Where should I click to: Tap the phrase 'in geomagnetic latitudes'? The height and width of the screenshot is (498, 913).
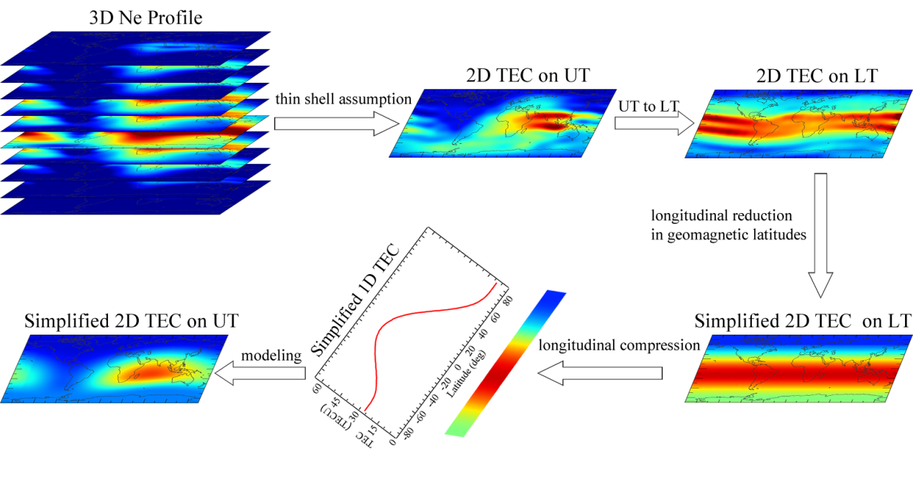pos(728,235)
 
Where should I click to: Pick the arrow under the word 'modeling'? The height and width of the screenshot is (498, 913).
pos(261,373)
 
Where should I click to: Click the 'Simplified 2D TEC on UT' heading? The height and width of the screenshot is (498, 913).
pos(132,321)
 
